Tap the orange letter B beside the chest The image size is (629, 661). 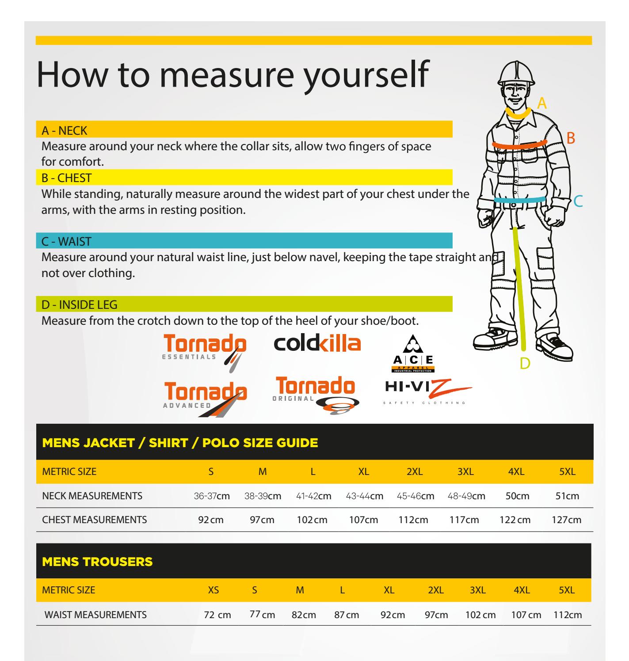(x=571, y=138)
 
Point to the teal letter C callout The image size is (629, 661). (x=579, y=202)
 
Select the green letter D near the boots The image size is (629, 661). (x=525, y=363)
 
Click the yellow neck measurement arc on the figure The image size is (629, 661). (x=518, y=113)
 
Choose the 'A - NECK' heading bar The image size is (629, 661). (x=65, y=130)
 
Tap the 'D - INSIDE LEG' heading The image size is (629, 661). (x=80, y=304)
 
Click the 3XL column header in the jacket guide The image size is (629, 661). (x=465, y=471)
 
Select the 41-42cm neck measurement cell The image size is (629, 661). (x=313, y=496)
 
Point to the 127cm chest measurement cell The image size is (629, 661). (x=566, y=520)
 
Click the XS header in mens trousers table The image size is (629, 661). (x=213, y=590)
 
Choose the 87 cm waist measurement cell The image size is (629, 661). (x=347, y=615)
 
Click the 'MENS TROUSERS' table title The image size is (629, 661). (x=97, y=562)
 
